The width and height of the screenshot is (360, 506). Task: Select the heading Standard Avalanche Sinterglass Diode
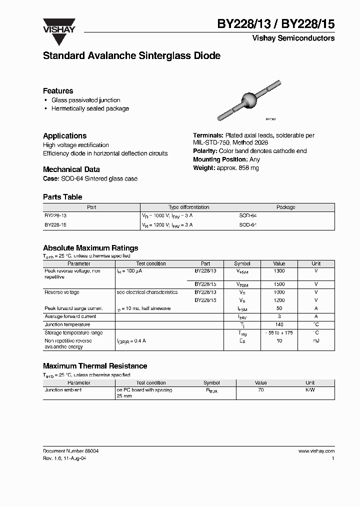click(x=131, y=56)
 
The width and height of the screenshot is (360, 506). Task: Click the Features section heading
click(x=58, y=91)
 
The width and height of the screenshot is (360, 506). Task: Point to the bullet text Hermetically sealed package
click(x=90, y=108)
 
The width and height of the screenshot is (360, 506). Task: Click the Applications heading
click(x=64, y=136)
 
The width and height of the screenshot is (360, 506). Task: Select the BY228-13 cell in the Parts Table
click(x=55, y=215)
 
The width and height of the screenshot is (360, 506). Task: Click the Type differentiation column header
click(x=188, y=207)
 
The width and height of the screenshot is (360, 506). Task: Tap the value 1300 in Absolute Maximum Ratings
click(x=279, y=271)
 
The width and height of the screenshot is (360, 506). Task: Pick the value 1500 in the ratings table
click(x=279, y=284)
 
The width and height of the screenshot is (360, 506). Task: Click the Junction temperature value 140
click(x=279, y=324)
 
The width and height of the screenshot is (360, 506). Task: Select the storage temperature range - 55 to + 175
click(x=279, y=332)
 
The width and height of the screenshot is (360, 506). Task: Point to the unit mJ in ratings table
click(x=316, y=340)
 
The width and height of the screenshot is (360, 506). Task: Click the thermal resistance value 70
click(x=261, y=389)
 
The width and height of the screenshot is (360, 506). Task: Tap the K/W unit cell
click(x=310, y=389)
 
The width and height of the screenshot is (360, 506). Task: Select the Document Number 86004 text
click(x=70, y=451)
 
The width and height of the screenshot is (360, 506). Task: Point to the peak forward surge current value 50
click(x=279, y=308)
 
